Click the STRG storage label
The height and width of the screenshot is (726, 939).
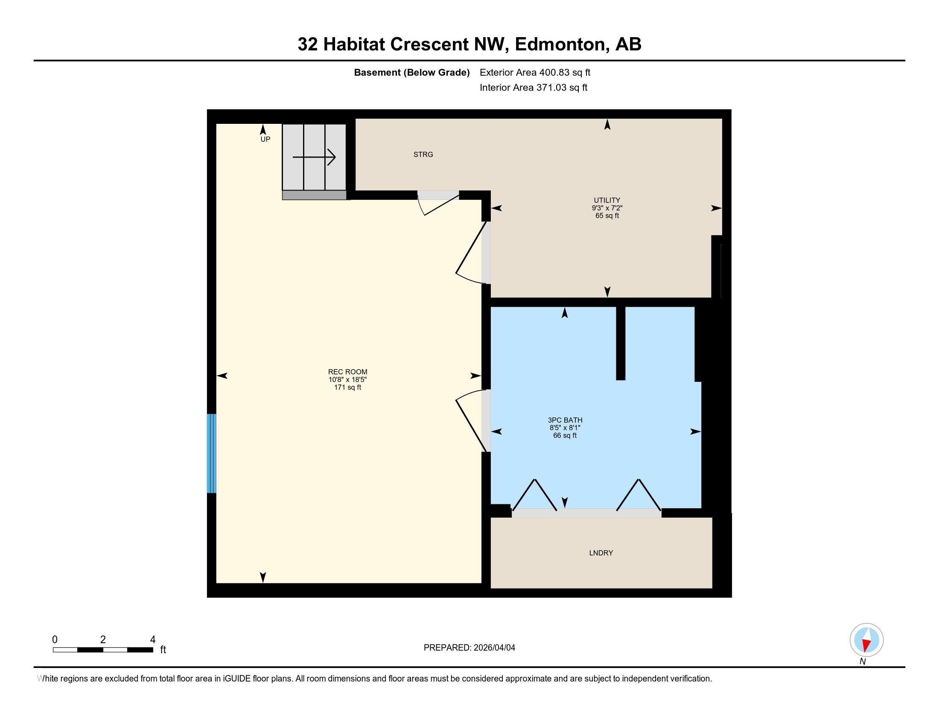pyautogui.click(x=423, y=155)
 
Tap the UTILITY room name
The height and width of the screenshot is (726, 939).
pyautogui.click(x=607, y=200)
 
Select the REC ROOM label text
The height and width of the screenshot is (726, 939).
pyautogui.click(x=347, y=372)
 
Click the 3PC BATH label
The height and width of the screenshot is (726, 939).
pyautogui.click(x=565, y=420)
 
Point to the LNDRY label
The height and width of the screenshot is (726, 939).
pyautogui.click(x=601, y=553)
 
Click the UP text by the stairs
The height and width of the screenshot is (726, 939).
pyautogui.click(x=265, y=139)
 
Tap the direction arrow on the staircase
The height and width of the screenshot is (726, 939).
pyautogui.click(x=314, y=157)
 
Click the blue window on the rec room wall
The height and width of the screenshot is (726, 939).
pyautogui.click(x=211, y=453)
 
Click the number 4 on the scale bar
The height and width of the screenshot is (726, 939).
pyautogui.click(x=153, y=640)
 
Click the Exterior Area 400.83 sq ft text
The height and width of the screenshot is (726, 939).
pyautogui.click(x=535, y=73)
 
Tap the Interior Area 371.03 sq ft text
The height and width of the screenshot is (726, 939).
pyautogui.click(x=533, y=88)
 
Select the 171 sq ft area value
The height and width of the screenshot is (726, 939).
pyautogui.click(x=347, y=387)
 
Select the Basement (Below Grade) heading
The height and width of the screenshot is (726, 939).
pyautogui.click(x=411, y=73)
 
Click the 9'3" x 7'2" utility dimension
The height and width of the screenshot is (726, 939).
pyautogui.click(x=607, y=208)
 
